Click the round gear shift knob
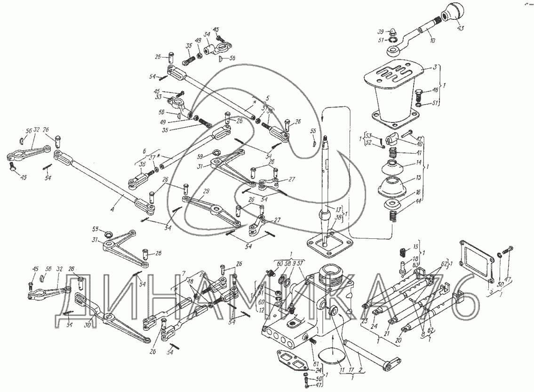(451, 11)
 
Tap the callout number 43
(460, 28)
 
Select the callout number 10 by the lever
(432, 41)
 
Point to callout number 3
(436, 67)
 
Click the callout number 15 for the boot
(418, 179)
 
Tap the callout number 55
(313, 130)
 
